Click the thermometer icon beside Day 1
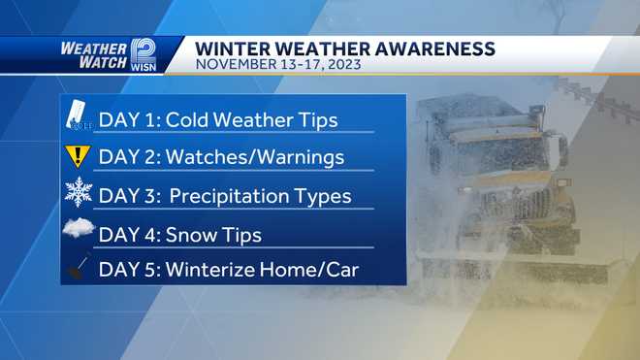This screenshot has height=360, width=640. (x=78, y=115)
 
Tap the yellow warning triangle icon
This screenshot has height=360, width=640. (x=78, y=155)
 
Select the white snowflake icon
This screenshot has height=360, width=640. (x=78, y=193)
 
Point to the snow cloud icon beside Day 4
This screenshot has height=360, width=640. (x=78, y=231)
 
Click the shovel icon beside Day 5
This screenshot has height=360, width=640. (x=78, y=266)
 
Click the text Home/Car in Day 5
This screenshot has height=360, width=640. (x=312, y=269)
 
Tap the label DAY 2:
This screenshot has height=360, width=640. (x=126, y=157)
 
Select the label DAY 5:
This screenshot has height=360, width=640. (x=126, y=269)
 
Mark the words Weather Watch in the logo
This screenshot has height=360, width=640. (x=91, y=54)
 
